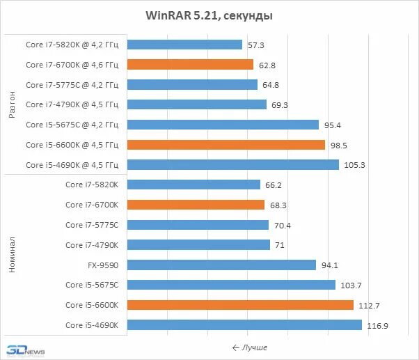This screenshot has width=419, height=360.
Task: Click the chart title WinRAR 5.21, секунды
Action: [209, 15]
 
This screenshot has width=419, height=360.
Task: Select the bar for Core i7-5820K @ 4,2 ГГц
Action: [185, 45]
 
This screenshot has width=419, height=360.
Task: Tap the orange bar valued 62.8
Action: [191, 65]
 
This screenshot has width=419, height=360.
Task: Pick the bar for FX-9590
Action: [222, 265]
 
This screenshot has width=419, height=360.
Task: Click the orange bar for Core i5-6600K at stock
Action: [241, 305]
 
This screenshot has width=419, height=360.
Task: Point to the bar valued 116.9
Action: [245, 325]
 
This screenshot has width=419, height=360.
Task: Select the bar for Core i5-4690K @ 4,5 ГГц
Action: [233, 165]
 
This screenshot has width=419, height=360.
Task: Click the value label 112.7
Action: [370, 305]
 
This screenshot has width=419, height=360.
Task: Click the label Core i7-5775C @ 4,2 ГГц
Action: [72, 85]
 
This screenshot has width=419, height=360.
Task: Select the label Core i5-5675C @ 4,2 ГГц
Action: [72, 125]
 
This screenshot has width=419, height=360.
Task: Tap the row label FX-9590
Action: [103, 265]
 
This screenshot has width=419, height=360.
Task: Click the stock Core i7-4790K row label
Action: [92, 245]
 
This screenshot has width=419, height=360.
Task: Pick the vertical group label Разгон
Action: [12, 105]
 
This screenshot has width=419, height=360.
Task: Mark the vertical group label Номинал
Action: [12, 255]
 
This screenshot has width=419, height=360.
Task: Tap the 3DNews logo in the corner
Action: [25, 350]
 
